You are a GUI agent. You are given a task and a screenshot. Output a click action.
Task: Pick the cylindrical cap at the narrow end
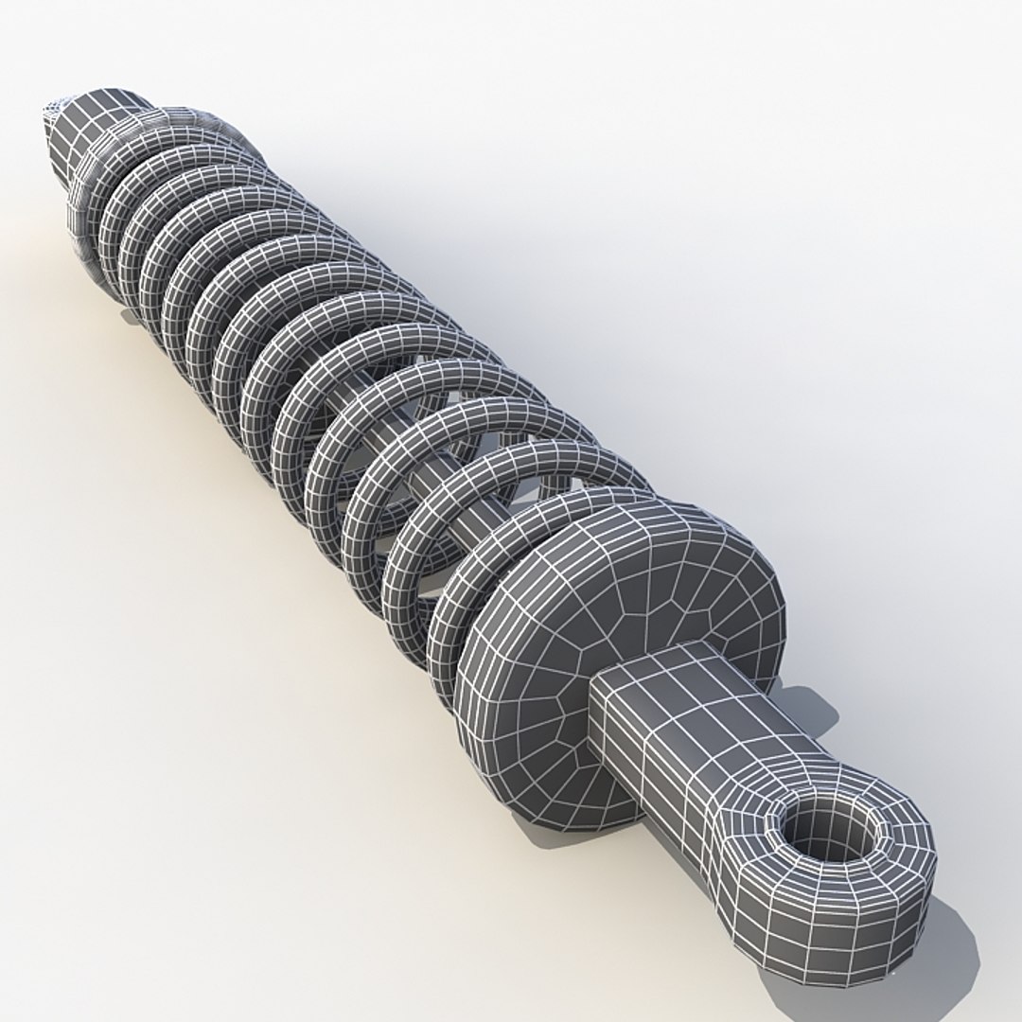click(x=90, y=132)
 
